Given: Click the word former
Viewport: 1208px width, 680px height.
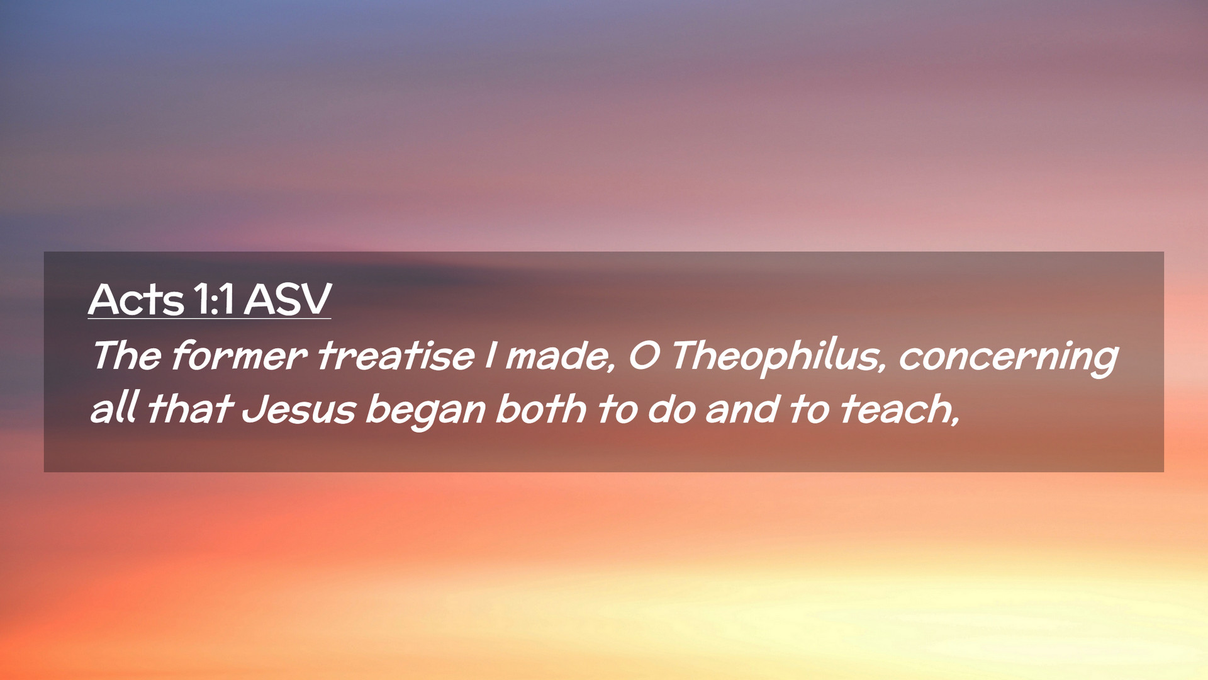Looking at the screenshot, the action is click(239, 355).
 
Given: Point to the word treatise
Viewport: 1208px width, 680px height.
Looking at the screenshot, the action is click(396, 355).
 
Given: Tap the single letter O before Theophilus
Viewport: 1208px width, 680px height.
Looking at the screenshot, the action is click(644, 356).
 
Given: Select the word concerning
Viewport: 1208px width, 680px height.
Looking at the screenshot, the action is click(1008, 358).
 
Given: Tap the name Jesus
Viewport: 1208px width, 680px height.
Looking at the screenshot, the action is click(299, 409).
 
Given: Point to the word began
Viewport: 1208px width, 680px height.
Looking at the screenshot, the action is click(426, 411).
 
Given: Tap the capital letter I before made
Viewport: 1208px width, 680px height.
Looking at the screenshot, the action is click(490, 355).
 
